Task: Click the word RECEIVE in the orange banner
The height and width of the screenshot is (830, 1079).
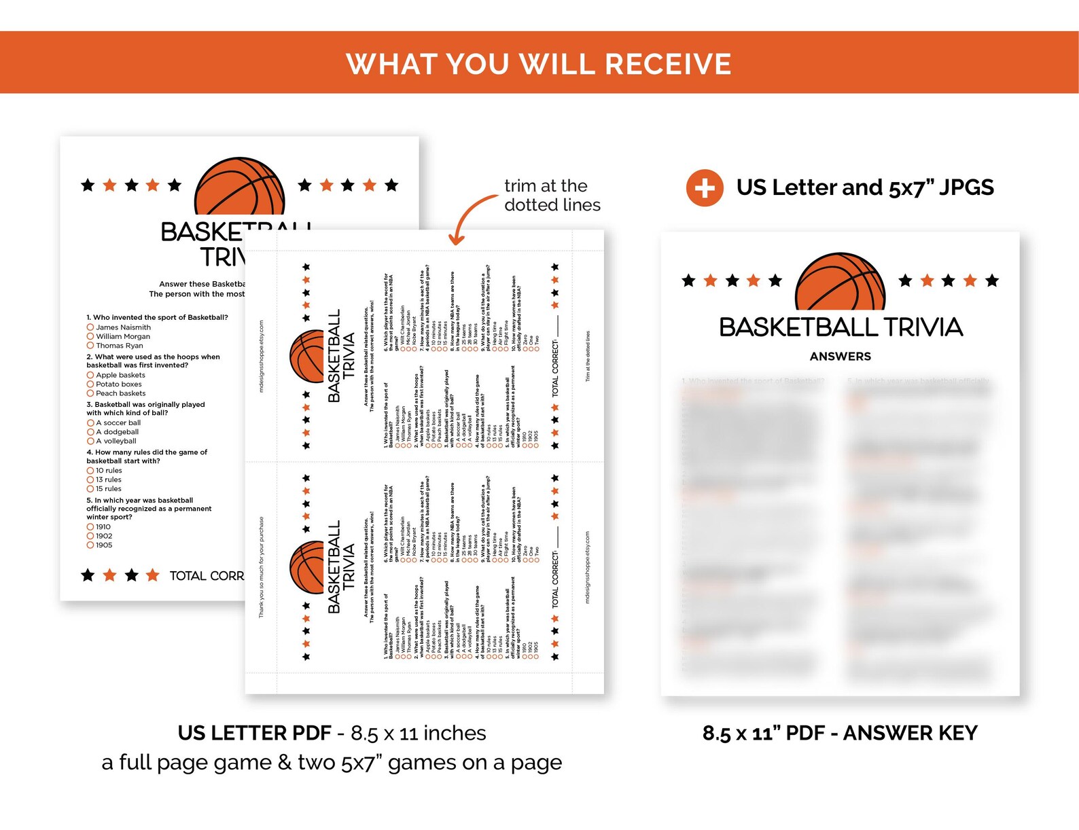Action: (x=667, y=65)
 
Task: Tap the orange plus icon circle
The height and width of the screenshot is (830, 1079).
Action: (x=705, y=187)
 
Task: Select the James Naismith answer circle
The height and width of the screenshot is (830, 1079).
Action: (x=90, y=327)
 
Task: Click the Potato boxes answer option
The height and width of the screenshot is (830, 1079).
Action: (x=118, y=384)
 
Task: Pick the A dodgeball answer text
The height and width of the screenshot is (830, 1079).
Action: (x=117, y=432)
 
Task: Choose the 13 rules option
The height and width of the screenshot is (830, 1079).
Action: (x=108, y=480)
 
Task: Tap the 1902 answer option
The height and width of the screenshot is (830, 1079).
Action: (x=103, y=536)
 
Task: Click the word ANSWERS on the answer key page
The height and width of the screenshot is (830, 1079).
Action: (x=840, y=357)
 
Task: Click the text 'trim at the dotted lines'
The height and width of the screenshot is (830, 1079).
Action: (x=552, y=196)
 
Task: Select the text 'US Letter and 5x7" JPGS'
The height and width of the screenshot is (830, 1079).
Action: (x=864, y=187)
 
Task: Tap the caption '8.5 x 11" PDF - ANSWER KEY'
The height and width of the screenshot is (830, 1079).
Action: (x=840, y=734)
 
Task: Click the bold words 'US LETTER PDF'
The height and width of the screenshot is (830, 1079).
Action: (x=254, y=734)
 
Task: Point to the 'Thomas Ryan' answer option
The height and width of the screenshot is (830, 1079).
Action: (x=119, y=346)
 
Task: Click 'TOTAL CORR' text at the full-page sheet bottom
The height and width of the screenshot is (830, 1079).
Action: (x=206, y=576)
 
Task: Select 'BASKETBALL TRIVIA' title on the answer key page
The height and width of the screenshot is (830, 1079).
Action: (x=841, y=327)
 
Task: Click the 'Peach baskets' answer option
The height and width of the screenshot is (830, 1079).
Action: (x=120, y=393)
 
